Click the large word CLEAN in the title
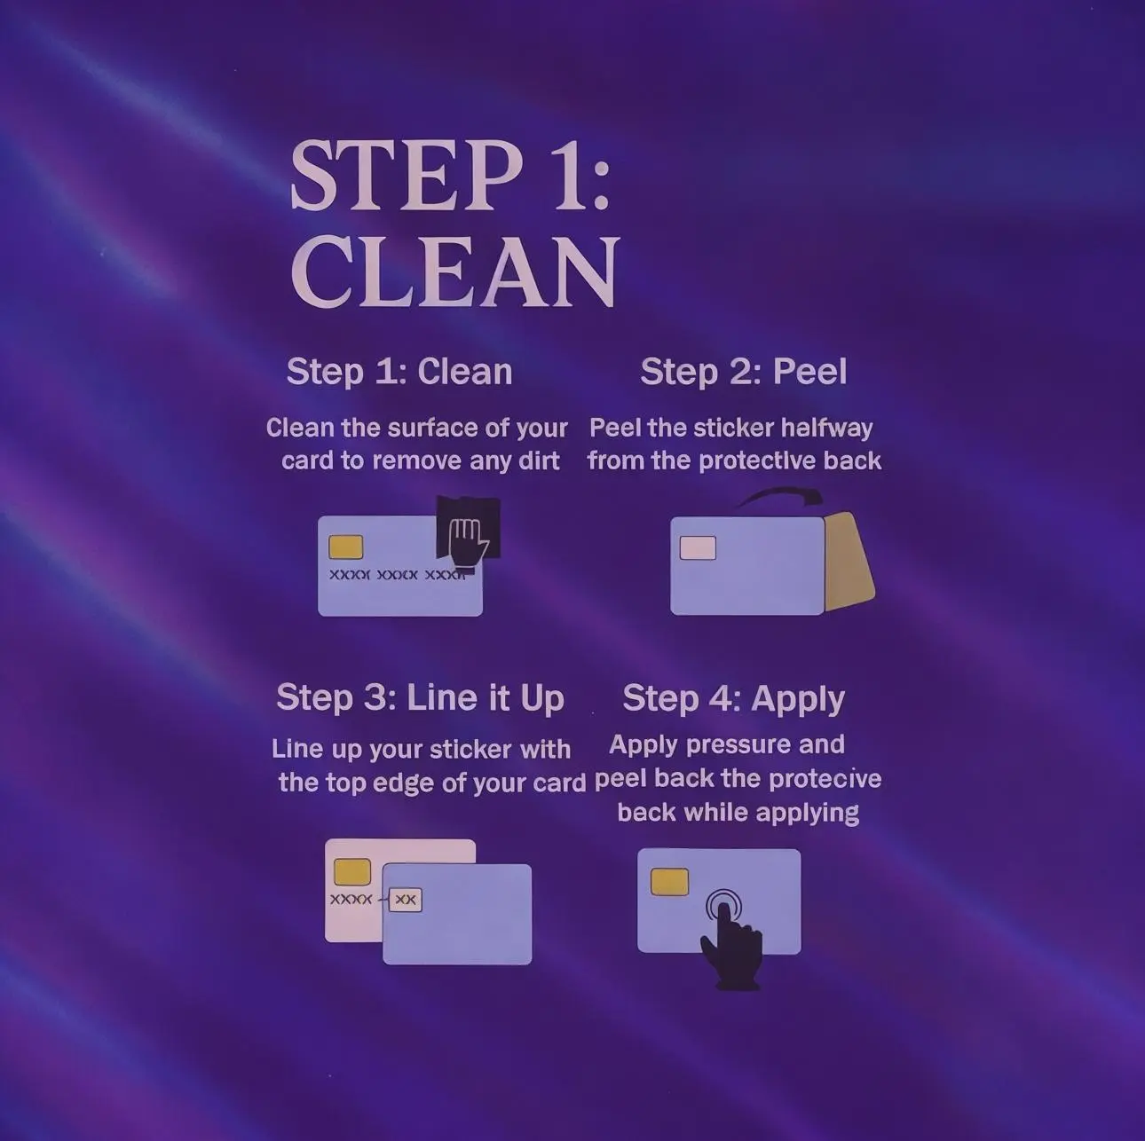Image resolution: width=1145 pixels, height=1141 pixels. (x=454, y=271)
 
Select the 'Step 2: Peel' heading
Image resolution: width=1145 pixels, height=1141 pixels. (x=743, y=373)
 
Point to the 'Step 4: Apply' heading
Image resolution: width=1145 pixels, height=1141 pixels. (x=734, y=699)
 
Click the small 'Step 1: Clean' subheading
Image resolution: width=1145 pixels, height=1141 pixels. (x=399, y=373)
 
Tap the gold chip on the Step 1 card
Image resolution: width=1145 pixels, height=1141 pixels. (x=345, y=547)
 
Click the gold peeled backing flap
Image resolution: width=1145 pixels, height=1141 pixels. (x=849, y=562)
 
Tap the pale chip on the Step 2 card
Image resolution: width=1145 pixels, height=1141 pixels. (x=698, y=547)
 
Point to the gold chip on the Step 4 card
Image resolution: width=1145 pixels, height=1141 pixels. (x=669, y=881)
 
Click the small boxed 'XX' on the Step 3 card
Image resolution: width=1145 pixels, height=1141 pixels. (x=406, y=900)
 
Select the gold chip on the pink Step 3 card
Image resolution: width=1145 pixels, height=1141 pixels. (x=352, y=871)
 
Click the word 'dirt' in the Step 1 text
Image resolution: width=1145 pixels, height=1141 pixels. (x=539, y=460)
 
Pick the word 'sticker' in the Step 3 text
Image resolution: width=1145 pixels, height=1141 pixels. (x=470, y=750)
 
